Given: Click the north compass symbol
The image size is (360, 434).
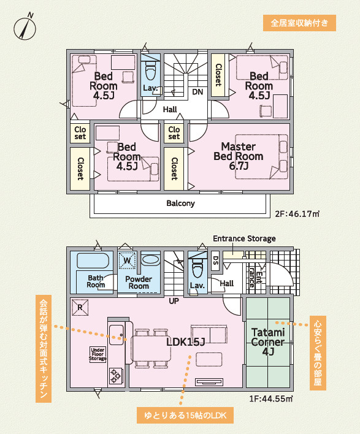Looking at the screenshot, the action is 25,27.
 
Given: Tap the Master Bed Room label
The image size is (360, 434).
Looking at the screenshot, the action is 239,156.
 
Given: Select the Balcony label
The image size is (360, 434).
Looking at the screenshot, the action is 180,204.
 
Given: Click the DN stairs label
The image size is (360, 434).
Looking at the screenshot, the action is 197,92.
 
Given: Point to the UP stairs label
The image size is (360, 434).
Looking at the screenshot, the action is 174,301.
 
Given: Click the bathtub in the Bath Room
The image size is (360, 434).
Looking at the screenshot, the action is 93,261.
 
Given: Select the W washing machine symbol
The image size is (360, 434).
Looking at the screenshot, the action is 127,260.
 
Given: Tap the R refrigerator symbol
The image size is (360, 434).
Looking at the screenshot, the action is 80,307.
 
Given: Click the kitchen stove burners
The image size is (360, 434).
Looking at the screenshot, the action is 116,376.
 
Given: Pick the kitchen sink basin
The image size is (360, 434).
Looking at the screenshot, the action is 117,335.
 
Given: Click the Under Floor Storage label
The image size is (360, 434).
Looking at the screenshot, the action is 98,354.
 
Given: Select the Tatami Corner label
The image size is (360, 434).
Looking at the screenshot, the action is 268,341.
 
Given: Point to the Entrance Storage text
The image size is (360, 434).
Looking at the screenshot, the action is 244,238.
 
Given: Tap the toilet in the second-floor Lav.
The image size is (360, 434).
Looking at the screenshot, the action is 151,71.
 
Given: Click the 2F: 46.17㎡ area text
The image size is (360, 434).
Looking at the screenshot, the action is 297,214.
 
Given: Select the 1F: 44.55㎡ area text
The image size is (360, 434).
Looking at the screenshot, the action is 271,399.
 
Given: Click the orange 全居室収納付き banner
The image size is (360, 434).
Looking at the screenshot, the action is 299,23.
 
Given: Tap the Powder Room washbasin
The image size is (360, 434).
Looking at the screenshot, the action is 151,260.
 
